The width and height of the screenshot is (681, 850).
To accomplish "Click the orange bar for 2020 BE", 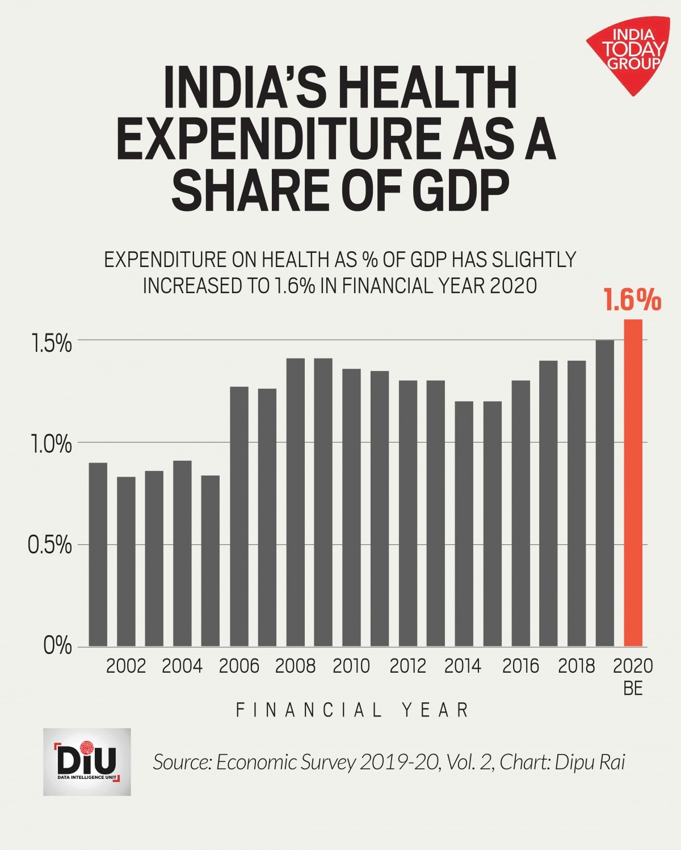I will (633, 483).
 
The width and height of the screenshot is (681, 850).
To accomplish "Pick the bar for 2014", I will (464, 523).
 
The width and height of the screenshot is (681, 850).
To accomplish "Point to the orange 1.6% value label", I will (632, 300).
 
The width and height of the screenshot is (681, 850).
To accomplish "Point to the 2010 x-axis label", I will (351, 666).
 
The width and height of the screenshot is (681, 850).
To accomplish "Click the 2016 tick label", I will (520, 666).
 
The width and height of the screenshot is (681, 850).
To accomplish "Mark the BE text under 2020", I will (633, 689).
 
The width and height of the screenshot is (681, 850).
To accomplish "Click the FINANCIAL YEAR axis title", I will (352, 710).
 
